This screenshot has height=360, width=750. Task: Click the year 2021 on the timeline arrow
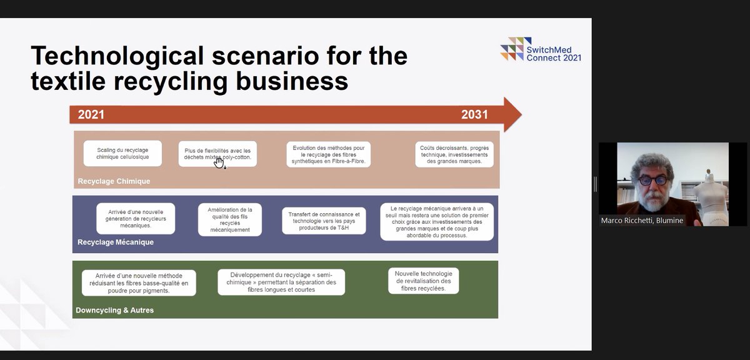(91, 115)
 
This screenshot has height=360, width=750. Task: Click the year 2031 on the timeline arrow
(474, 115)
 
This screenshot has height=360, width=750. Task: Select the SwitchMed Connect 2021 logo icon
(511, 49)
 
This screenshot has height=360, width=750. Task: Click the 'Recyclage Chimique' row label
(114, 181)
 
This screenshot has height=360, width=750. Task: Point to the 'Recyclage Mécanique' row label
(116, 242)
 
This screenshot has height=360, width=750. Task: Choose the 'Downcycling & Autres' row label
(114, 310)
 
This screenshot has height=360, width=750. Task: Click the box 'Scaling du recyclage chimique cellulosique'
(122, 153)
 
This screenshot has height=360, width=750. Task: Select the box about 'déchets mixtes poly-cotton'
(217, 154)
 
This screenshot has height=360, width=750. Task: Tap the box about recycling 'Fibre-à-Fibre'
(329, 155)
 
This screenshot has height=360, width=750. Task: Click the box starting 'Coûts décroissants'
(454, 154)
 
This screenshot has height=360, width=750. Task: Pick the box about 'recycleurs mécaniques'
(136, 218)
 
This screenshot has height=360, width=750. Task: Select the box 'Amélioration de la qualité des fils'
(229, 219)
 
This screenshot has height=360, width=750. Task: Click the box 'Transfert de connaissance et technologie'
(324, 221)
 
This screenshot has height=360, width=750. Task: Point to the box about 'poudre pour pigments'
(138, 282)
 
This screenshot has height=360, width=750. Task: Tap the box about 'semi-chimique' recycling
(281, 282)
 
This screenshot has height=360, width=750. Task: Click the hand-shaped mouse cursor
(219, 162)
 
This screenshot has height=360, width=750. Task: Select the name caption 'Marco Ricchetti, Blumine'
(642, 220)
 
